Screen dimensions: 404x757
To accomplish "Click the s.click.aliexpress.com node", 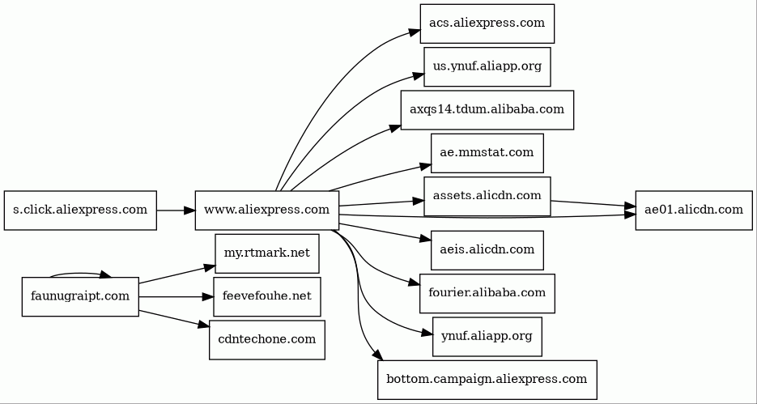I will pyautogui.click(x=79, y=211).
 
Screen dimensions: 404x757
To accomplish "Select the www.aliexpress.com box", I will pyautogui.click(x=266, y=211).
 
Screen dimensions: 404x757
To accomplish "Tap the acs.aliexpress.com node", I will pyautogui.click(x=487, y=23).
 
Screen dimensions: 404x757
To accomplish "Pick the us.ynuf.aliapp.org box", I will pyautogui.click(x=487, y=66).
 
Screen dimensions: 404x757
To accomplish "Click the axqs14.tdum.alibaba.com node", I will pyautogui.click(x=487, y=109).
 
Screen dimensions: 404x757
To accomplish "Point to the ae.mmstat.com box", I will pyautogui.click(x=487, y=153).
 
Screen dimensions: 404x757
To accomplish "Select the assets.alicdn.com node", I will pyautogui.click(x=487, y=196).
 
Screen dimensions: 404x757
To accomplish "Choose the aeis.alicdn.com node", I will pyautogui.click(x=487, y=249).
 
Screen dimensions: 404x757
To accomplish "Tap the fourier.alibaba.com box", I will pyautogui.click(x=487, y=292).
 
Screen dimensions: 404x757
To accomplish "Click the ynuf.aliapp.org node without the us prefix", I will pyautogui.click(x=487, y=336).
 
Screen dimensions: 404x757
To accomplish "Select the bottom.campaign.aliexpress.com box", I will pyautogui.click(x=487, y=379).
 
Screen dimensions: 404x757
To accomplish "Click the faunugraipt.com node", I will pyautogui.click(x=79, y=296).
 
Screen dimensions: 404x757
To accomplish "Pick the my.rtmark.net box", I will pyautogui.click(x=266, y=253).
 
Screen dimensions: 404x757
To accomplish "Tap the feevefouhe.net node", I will pyautogui.click(x=266, y=296).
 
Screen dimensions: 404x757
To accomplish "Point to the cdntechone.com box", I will pyautogui.click(x=266, y=339).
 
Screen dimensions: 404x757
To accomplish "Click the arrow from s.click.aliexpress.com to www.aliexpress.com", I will pyautogui.click(x=176, y=211).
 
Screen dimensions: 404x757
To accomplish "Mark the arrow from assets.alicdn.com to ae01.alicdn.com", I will pyautogui.click(x=593, y=204).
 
